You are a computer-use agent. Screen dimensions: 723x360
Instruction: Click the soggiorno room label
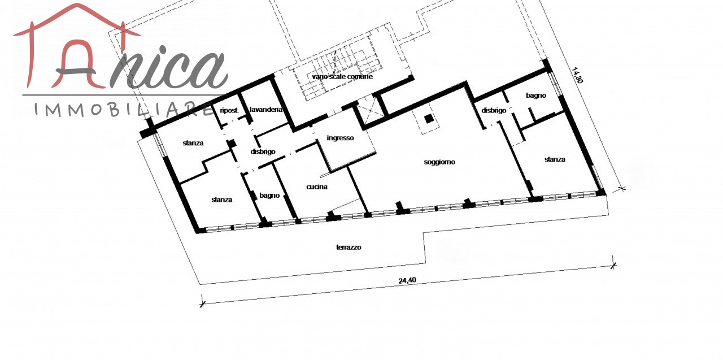(439, 162)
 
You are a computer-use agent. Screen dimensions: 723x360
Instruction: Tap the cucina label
(317, 186)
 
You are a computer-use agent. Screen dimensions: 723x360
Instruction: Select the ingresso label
(340, 138)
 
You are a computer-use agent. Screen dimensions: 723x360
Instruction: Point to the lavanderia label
(266, 110)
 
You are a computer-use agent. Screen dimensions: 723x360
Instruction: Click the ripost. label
(229, 110)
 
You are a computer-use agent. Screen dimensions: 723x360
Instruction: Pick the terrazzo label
(349, 248)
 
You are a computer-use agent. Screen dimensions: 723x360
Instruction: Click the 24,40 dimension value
(407, 280)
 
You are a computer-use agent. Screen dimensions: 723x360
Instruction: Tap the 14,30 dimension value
(577, 75)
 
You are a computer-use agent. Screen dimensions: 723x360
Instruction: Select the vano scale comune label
(342, 76)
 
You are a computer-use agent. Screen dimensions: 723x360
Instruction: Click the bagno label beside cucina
(269, 196)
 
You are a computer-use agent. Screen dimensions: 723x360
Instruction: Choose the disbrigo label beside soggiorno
(494, 110)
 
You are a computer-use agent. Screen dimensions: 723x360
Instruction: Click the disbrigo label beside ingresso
(263, 151)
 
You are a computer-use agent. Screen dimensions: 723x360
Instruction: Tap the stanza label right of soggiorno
(555, 159)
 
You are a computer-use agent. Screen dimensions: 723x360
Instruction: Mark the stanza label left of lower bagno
(222, 199)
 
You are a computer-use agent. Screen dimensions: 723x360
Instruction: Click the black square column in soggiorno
(429, 119)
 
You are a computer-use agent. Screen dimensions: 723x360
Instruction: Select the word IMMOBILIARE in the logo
(124, 109)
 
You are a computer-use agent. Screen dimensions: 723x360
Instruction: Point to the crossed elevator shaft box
(369, 110)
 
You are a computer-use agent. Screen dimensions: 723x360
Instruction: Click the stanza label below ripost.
(193, 143)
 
